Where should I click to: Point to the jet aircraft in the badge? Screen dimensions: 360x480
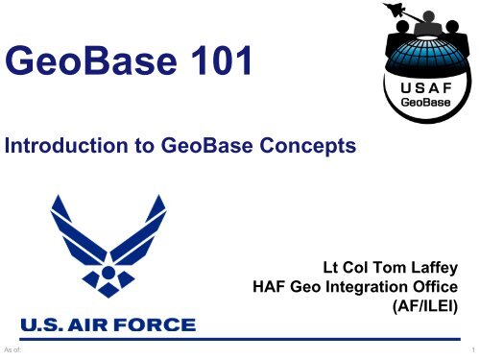tap(447, 12)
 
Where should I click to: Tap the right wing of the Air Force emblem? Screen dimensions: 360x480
tap(157, 226)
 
